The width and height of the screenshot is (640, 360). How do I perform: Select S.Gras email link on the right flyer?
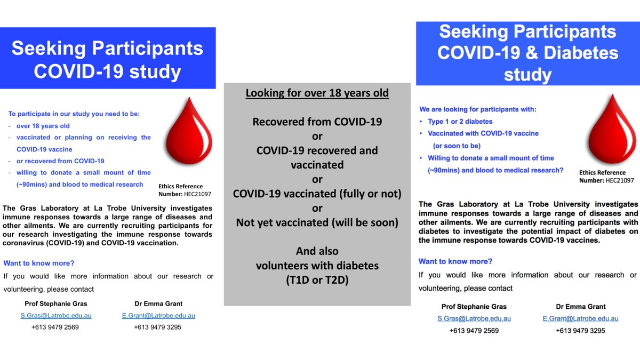tap(474, 318)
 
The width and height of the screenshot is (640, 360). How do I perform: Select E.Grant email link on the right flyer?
tap(580, 318)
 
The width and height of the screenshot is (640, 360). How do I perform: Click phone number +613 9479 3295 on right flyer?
tap(580, 330)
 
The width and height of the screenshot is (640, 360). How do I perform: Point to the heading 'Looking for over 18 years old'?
tap(317, 93)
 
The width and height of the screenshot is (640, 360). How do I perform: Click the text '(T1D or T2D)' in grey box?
tap(317, 279)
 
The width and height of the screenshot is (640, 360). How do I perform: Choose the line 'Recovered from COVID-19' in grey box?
tap(317, 122)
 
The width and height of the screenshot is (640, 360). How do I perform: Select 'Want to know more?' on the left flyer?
tap(39, 263)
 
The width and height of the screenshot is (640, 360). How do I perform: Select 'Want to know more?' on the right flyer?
tap(455, 261)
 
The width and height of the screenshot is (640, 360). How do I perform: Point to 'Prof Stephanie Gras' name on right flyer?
tap(474, 307)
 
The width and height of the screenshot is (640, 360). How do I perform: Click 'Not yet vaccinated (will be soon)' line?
tap(317, 222)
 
